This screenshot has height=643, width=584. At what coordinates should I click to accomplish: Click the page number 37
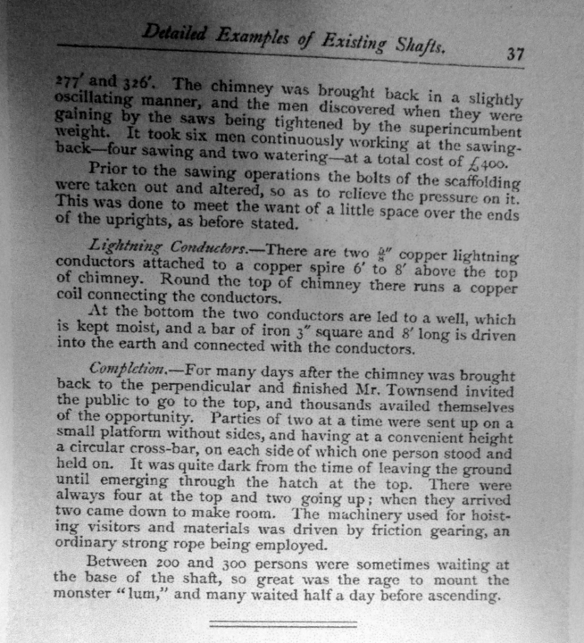tap(515, 55)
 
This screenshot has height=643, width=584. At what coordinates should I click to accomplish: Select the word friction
tap(394, 532)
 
